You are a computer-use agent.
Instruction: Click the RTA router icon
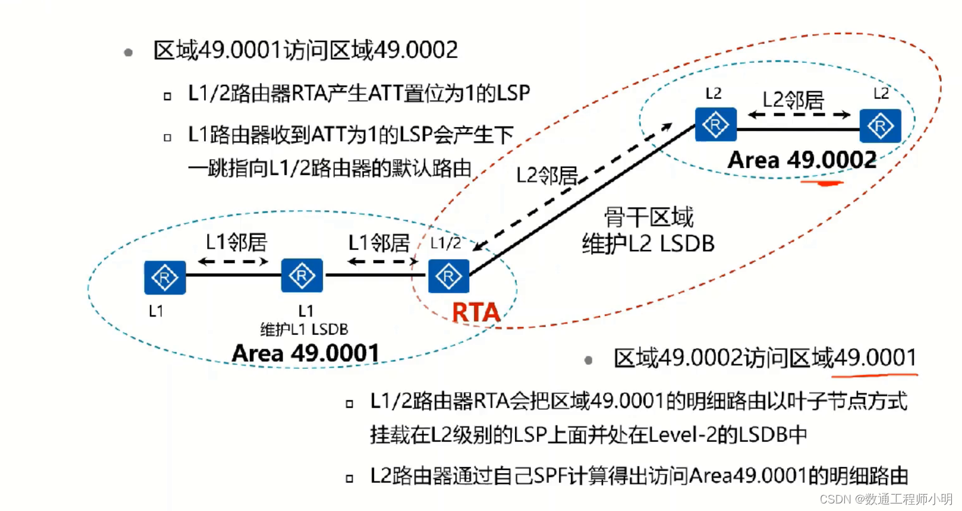pyautogui.click(x=449, y=276)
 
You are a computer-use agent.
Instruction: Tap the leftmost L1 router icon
pyautogui.click(x=165, y=278)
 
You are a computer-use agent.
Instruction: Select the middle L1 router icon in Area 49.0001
pyautogui.click(x=302, y=276)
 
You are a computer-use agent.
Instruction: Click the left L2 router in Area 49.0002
pyautogui.click(x=716, y=125)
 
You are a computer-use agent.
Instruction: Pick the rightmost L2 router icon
pyautogui.click(x=880, y=126)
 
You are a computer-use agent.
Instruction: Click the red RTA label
pyautogui.click(x=476, y=312)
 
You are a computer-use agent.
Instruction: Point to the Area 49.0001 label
pyautogui.click(x=305, y=354)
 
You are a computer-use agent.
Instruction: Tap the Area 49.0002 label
pyautogui.click(x=802, y=160)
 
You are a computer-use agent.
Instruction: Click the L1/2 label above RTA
pyautogui.click(x=446, y=243)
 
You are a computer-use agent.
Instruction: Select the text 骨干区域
pyautogui.click(x=648, y=218)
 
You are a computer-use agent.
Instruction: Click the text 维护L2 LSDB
pyautogui.click(x=648, y=244)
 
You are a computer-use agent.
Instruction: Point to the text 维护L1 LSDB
pyautogui.click(x=304, y=329)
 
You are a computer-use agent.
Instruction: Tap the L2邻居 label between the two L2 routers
pyautogui.click(x=793, y=99)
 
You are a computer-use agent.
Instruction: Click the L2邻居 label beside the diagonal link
pyautogui.click(x=546, y=176)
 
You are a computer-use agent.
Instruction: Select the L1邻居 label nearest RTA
pyautogui.click(x=379, y=242)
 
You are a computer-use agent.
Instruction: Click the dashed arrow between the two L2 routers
pyautogui.click(x=798, y=115)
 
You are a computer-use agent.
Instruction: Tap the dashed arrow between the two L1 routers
pyautogui.click(x=233, y=261)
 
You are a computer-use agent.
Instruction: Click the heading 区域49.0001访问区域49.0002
pyautogui.click(x=305, y=50)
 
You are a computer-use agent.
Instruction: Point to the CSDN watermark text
pyautogui.click(x=886, y=499)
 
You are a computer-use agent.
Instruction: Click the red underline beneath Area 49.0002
pyautogui.click(x=822, y=183)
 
